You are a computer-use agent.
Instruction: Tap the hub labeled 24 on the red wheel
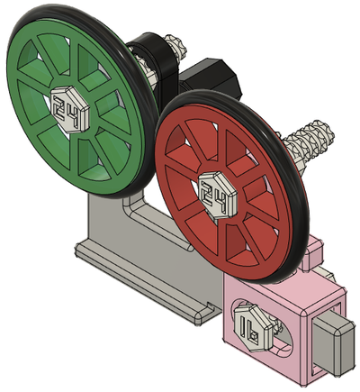(x=218, y=195)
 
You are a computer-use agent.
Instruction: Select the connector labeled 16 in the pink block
(x=254, y=328)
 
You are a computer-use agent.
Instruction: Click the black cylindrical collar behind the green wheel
(x=153, y=60)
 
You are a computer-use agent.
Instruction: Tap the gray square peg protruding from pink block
(x=331, y=341)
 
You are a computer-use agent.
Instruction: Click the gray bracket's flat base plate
(x=147, y=279)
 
